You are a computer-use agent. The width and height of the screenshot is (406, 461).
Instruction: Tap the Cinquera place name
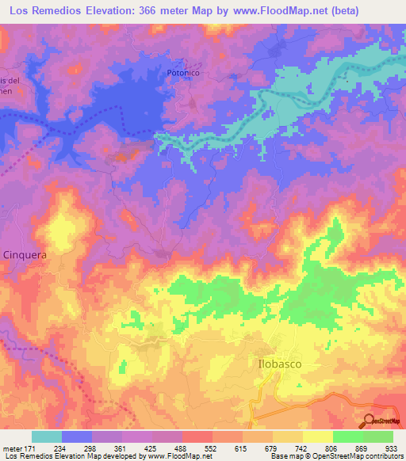25,255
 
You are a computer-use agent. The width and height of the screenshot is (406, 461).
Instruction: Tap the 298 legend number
90,448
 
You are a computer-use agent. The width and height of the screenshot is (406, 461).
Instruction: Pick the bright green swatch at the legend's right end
378,436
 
